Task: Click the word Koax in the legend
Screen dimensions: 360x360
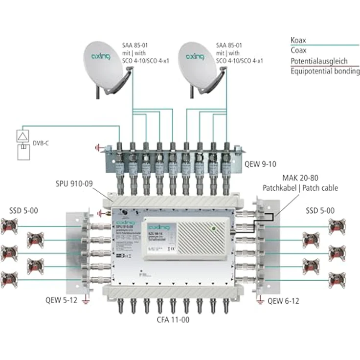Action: pos(298,40)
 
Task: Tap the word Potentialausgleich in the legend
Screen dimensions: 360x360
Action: pos(318,61)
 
